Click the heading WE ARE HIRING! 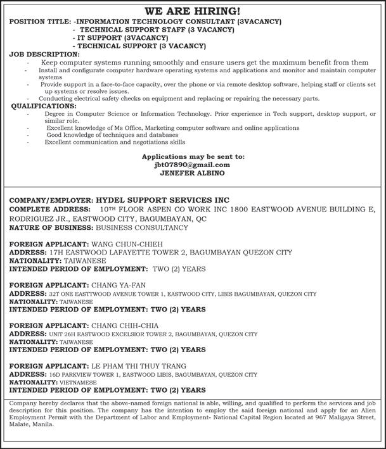click(193, 11)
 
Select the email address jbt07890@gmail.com click(193, 164)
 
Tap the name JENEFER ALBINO click(193, 172)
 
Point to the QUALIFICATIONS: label click(44, 106)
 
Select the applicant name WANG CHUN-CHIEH click(127, 243)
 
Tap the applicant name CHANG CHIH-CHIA click(125, 326)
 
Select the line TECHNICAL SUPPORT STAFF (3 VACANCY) click(143, 30)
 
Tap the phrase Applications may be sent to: click(193, 156)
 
